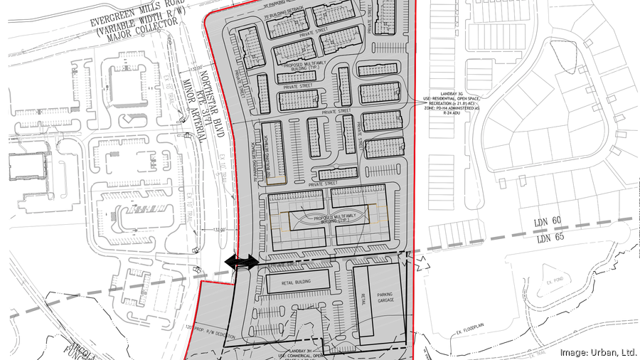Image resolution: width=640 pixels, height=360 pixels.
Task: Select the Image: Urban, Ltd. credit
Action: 597,351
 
